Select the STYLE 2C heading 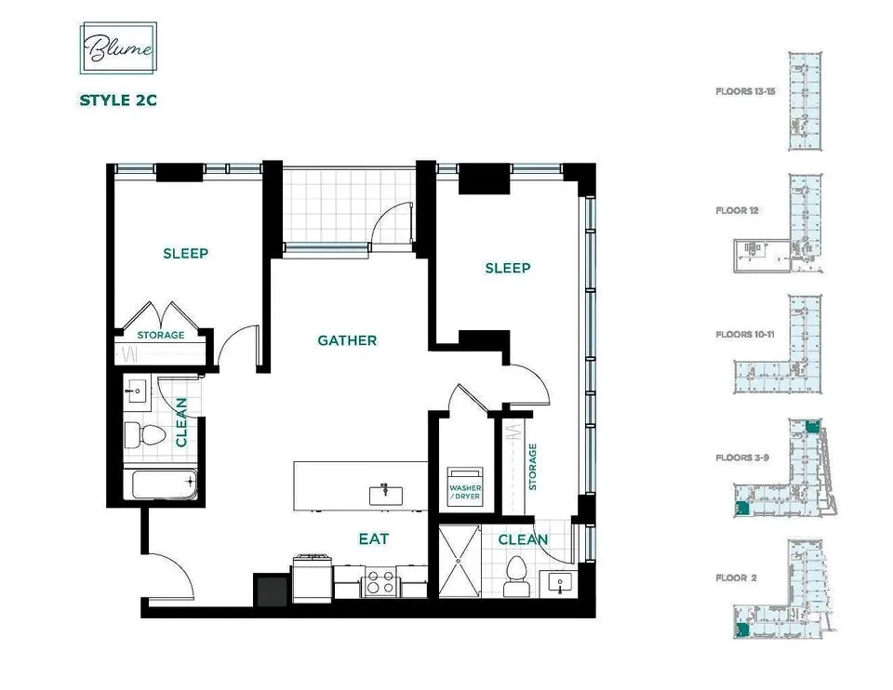pos(117,100)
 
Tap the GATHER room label pos(347,340)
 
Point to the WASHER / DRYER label pos(465,490)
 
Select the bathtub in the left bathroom pos(162,484)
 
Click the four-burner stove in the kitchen pos(380,583)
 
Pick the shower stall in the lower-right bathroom pos(458,562)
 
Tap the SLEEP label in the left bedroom pos(185,253)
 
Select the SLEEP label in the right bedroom pos(508,268)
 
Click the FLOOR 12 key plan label pos(738,211)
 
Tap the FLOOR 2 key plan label pos(737,577)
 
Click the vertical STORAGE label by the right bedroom pos(534,466)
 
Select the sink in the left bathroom pos(137,391)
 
